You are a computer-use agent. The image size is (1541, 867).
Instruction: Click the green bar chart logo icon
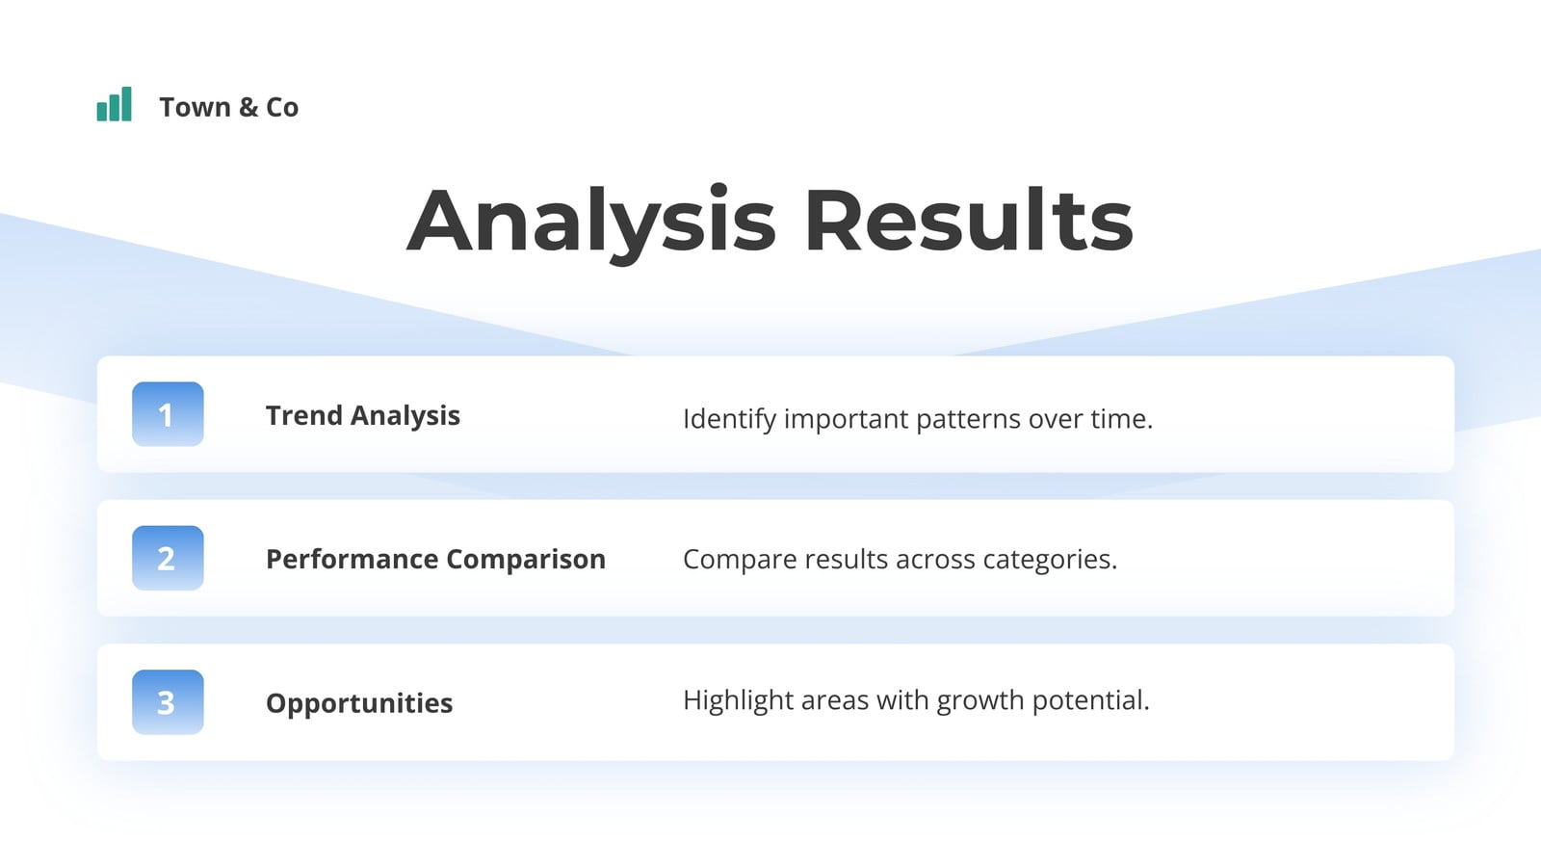(115, 104)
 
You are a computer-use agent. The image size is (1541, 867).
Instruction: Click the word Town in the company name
(195, 107)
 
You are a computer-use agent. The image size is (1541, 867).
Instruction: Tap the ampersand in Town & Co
(248, 107)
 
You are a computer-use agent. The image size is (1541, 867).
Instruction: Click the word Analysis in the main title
(591, 222)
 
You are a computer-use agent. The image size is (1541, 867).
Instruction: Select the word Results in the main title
(969, 220)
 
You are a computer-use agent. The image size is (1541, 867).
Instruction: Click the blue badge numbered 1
(168, 414)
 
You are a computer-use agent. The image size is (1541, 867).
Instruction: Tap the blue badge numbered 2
(168, 558)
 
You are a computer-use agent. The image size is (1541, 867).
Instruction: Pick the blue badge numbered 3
(168, 702)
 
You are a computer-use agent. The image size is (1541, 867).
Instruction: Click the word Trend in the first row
(304, 415)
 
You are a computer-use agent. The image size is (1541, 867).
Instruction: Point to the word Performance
(353, 560)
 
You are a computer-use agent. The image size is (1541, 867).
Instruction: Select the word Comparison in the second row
(526, 560)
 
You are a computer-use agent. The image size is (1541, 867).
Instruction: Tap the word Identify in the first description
(729, 419)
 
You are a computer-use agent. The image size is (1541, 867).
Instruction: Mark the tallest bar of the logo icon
(126, 104)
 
